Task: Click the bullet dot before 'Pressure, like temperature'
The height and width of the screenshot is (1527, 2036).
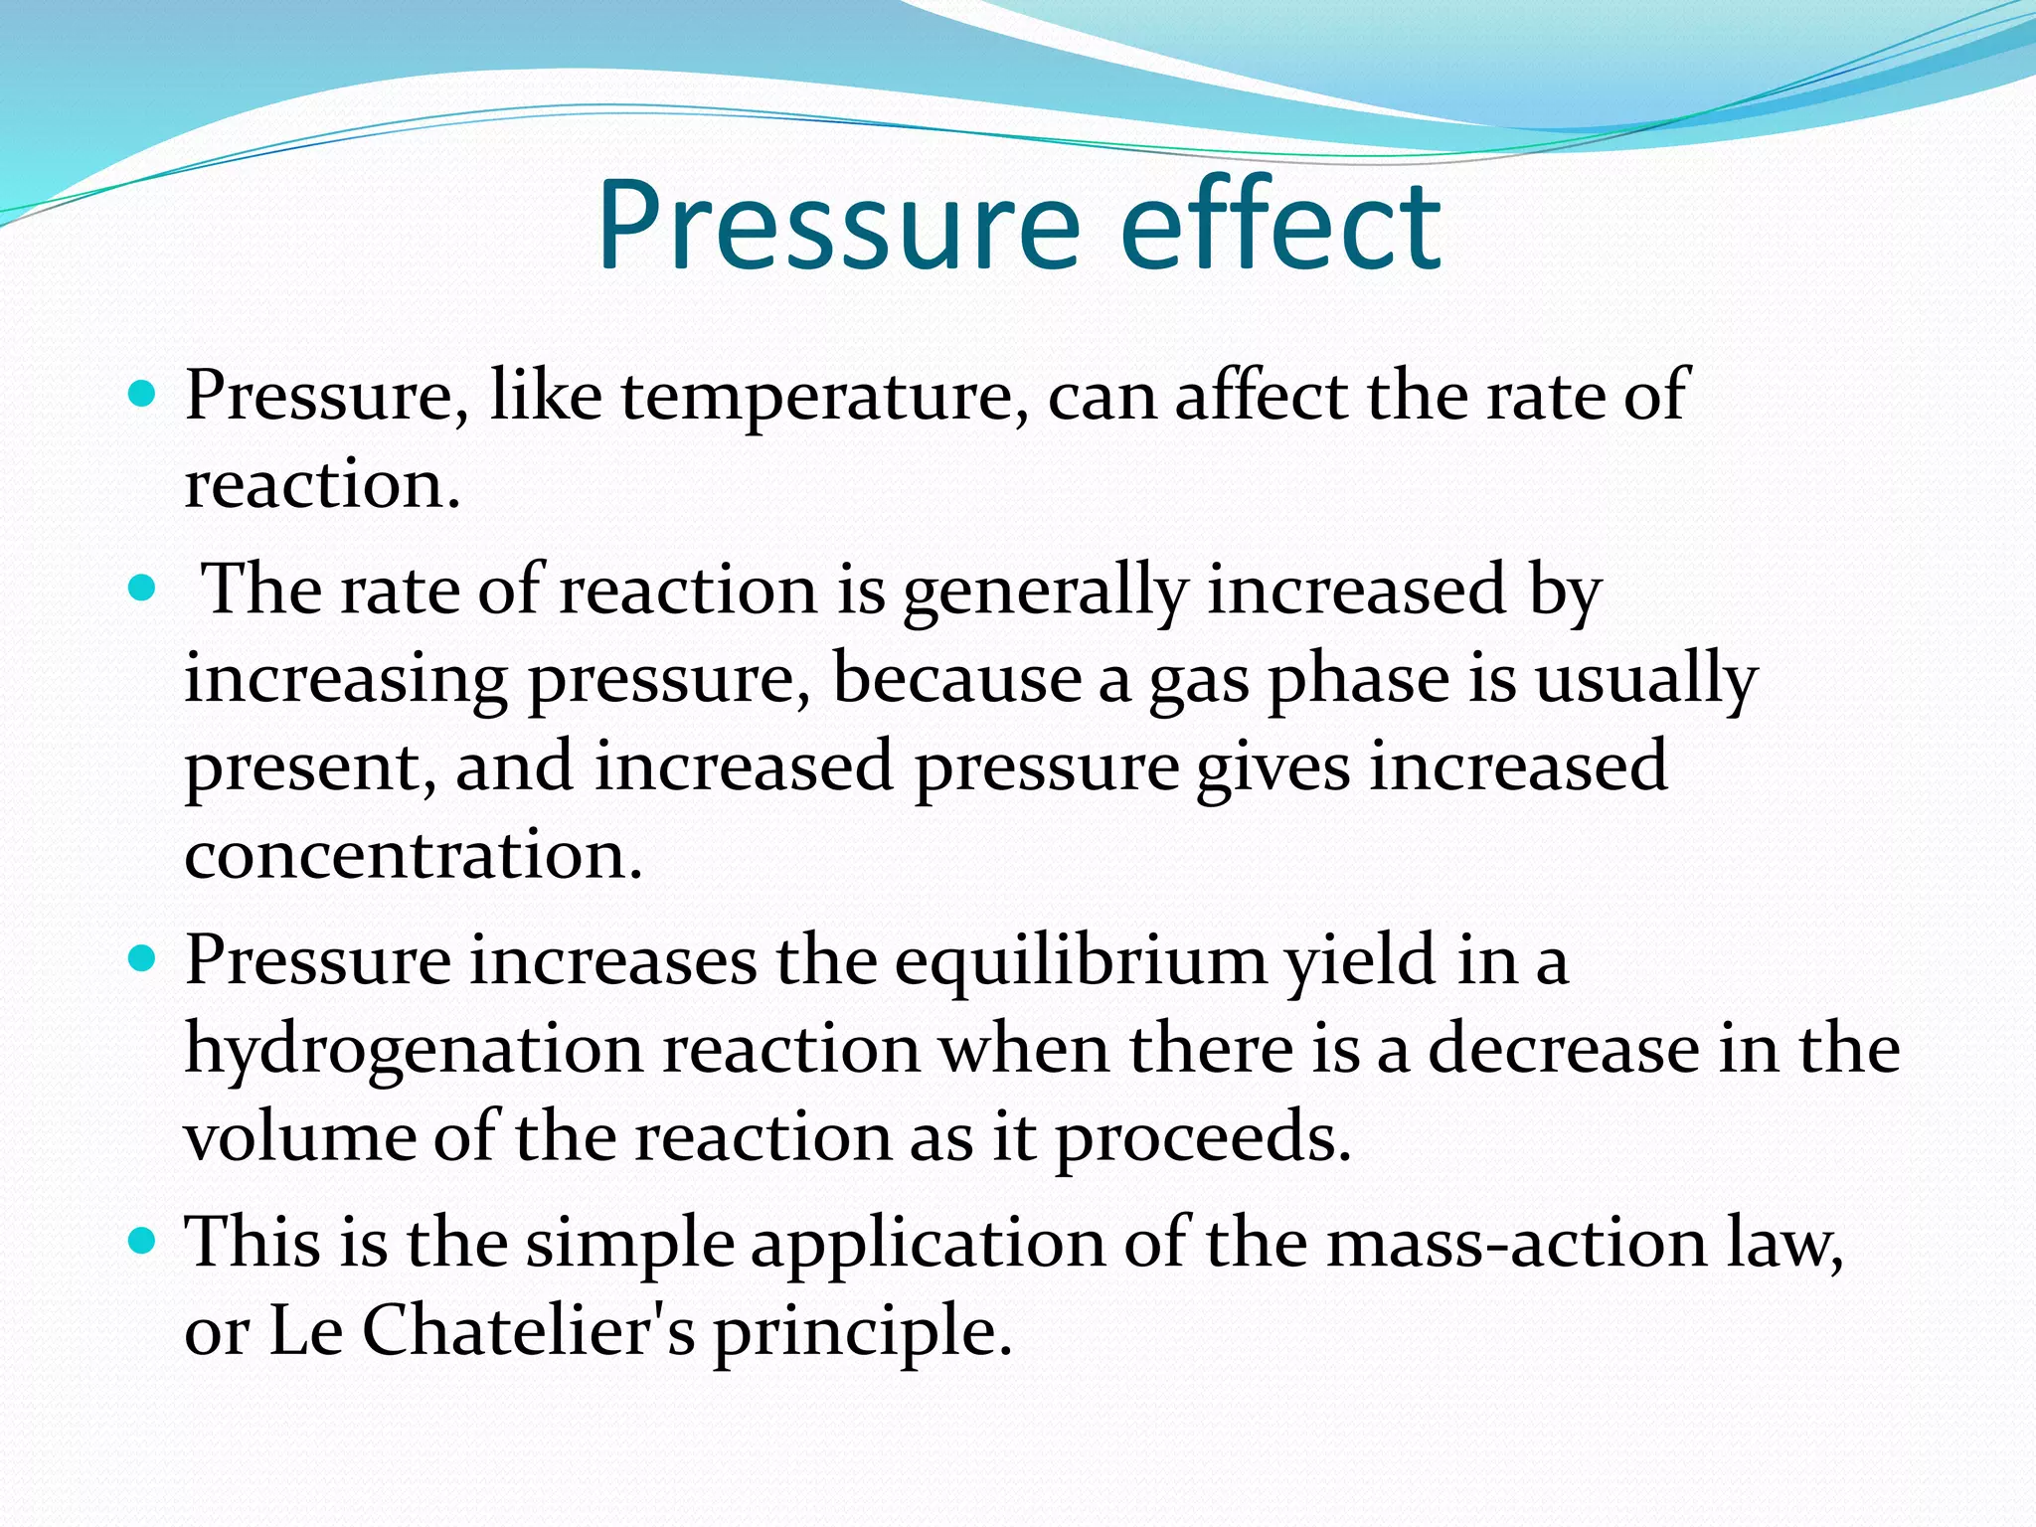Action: tap(143, 395)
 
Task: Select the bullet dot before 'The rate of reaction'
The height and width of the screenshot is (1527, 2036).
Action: tap(143, 589)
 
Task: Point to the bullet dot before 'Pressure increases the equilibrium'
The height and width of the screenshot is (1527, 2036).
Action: tap(143, 959)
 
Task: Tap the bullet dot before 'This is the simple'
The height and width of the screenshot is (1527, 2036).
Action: tap(143, 1242)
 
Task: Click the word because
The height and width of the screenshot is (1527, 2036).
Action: tap(956, 679)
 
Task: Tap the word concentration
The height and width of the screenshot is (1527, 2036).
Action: tap(414, 855)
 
